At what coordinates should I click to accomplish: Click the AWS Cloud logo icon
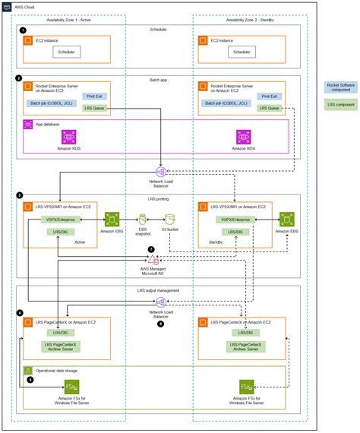[7, 6]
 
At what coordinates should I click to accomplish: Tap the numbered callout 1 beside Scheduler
[24, 30]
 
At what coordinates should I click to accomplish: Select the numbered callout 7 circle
[150, 248]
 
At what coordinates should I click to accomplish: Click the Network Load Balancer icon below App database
[161, 172]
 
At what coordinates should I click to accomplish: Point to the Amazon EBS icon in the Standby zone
[287, 221]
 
